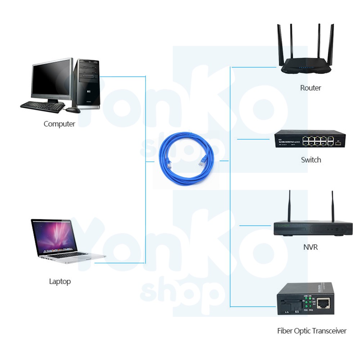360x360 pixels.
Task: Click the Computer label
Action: tap(59, 124)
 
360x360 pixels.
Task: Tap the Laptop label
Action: tap(60, 281)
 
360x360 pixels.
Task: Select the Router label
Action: tap(310, 88)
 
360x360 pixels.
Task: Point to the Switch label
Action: tap(311, 160)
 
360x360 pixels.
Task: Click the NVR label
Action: tap(310, 247)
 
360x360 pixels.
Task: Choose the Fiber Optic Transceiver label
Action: tap(312, 331)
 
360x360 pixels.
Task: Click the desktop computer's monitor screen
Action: tap(51, 79)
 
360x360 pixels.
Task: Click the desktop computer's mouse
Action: tap(73, 110)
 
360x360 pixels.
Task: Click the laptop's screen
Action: tap(55, 236)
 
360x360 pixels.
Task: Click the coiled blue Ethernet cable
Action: tap(188, 158)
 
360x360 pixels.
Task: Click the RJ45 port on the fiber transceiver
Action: tap(325, 303)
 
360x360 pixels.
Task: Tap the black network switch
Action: tap(310, 139)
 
